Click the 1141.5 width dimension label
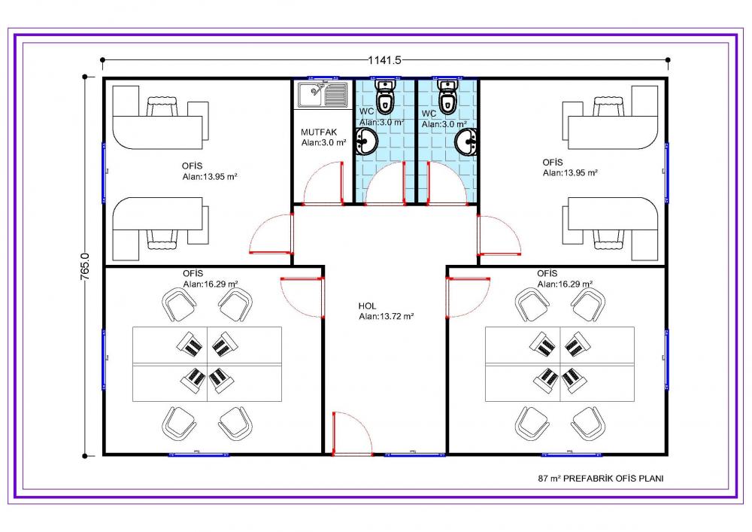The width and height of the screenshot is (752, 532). (x=384, y=60)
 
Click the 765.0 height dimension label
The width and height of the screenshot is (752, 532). (x=84, y=266)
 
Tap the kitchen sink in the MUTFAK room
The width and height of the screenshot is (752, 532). (x=323, y=95)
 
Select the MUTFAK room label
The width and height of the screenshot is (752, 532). (x=319, y=132)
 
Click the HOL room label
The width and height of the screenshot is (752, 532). (x=368, y=306)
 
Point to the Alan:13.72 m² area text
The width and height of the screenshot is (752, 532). (x=386, y=317)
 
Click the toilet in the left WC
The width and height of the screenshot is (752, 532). (x=384, y=96)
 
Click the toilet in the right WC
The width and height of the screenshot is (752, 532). (x=447, y=96)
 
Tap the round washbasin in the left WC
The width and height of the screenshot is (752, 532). (x=367, y=141)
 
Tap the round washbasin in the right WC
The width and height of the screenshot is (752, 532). (x=466, y=142)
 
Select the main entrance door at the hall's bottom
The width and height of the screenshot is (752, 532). (x=352, y=433)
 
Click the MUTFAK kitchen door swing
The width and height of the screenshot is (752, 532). (x=324, y=184)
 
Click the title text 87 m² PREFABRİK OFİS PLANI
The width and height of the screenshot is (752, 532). (x=601, y=479)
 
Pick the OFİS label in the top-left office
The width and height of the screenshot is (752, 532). (x=192, y=166)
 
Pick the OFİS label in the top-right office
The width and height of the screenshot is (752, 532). (x=553, y=162)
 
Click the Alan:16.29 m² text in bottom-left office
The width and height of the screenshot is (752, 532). (x=211, y=284)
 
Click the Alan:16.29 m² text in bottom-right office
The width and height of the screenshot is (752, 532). (x=565, y=284)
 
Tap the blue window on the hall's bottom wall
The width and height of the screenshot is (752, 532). (x=414, y=454)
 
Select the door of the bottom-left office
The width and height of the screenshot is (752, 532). (x=302, y=297)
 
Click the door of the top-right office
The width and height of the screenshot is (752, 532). (x=499, y=236)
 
